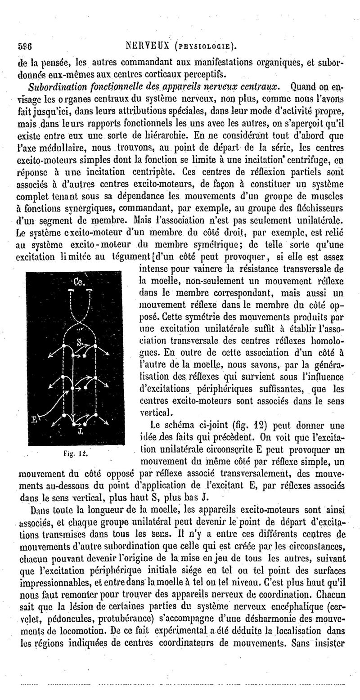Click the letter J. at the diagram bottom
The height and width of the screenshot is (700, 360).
pyautogui.click(x=79, y=431)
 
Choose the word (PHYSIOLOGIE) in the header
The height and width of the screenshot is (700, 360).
pyautogui.click(x=207, y=46)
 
